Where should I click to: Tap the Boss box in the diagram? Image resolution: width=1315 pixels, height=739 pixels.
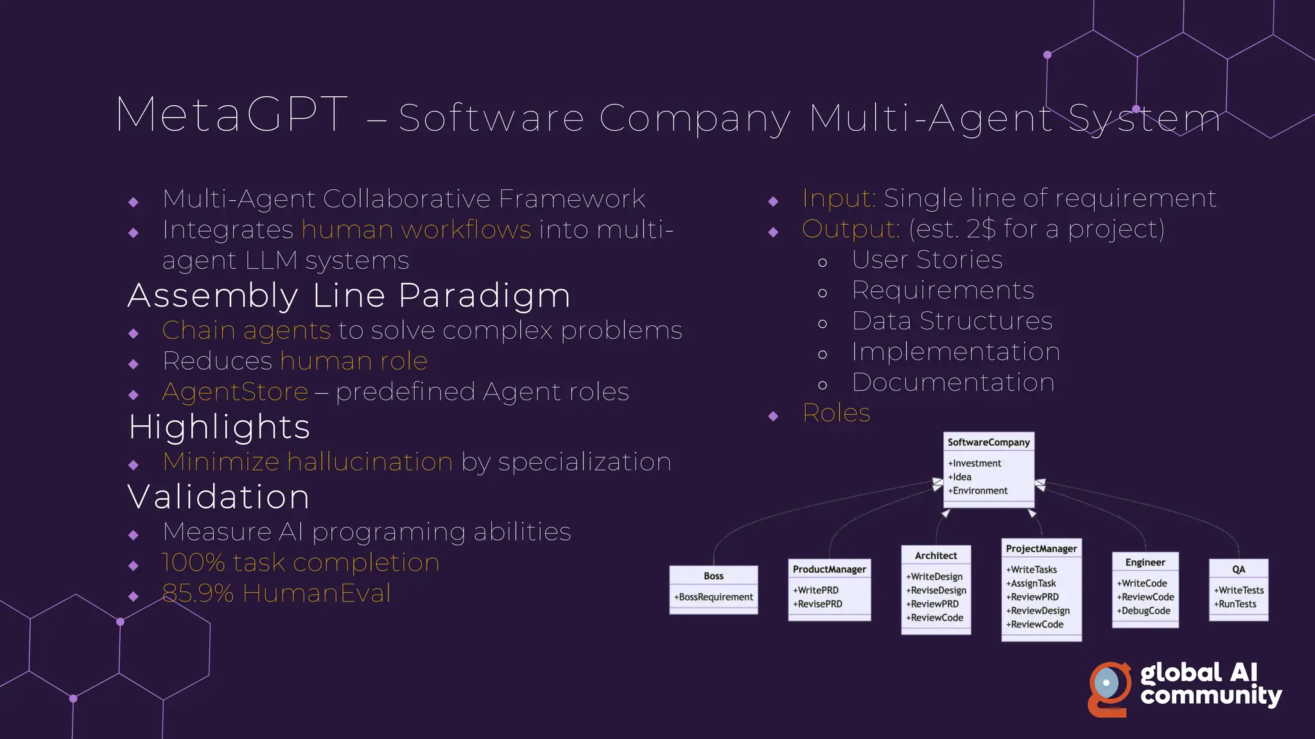pos(713,589)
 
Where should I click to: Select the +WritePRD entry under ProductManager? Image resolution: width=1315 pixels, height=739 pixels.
pos(816,590)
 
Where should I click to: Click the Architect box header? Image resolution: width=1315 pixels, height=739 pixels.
pos(936,556)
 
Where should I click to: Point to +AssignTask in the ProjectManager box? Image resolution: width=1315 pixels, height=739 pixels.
pos(1031,583)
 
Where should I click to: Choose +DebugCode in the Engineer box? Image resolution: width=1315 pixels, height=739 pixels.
pos(1146,611)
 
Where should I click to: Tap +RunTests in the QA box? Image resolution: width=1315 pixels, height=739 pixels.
pos(1235,604)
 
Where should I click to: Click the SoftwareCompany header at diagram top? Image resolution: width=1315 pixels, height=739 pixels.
pos(988,442)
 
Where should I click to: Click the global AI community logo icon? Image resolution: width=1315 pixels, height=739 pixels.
pos(1109,688)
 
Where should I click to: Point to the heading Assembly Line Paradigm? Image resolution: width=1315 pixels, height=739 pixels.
pos(349,296)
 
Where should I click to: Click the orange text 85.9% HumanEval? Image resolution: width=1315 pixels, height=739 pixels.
pos(276,593)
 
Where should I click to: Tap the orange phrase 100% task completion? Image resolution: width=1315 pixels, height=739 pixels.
pos(300,563)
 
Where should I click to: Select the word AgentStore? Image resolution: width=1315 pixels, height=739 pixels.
pos(235,392)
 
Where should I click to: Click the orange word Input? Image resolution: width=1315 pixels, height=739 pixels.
pos(839,198)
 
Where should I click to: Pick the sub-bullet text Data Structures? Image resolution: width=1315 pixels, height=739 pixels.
pos(952,321)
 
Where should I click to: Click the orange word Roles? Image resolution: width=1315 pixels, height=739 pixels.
pos(836,413)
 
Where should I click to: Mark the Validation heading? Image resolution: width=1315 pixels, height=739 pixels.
pos(219,497)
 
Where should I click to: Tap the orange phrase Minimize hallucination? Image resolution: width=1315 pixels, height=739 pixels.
pos(308,462)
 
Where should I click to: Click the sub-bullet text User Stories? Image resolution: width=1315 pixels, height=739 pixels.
pos(927,260)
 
